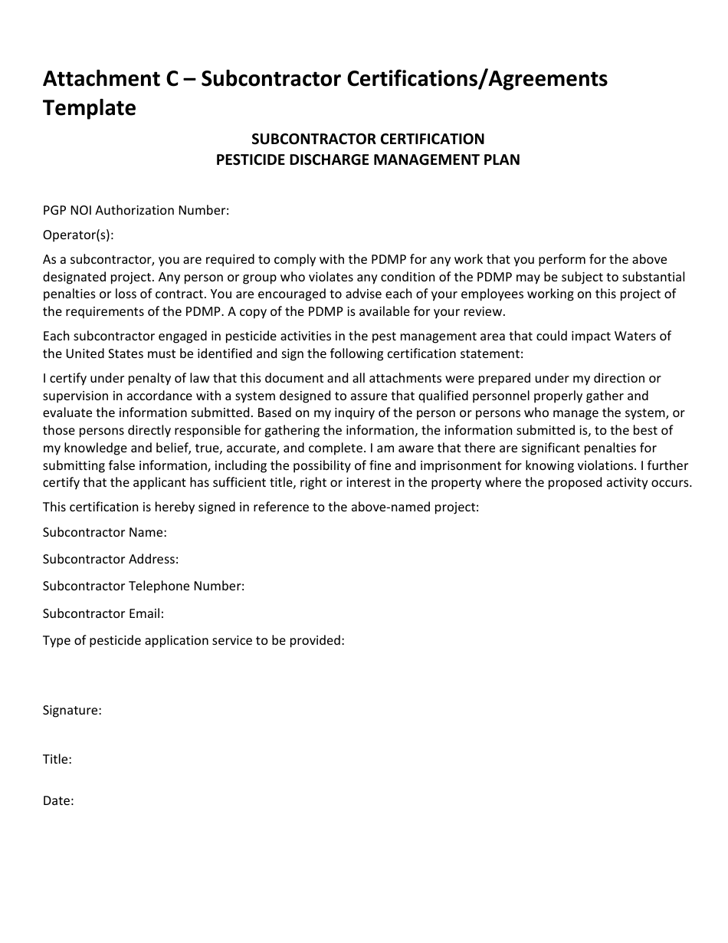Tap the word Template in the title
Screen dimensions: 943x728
89,108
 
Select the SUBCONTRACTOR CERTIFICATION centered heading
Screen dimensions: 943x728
368,139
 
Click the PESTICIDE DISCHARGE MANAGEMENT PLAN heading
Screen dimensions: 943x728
368,160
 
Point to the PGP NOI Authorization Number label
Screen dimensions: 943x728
136,210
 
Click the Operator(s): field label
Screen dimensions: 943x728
78,235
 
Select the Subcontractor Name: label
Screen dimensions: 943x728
104,532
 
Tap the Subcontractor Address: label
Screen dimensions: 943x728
110,560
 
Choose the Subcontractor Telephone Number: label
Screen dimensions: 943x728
143,586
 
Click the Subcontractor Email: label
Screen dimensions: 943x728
103,613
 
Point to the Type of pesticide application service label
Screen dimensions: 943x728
193,640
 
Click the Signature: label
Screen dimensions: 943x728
72,711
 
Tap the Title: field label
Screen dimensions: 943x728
57,760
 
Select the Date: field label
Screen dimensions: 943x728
58,801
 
